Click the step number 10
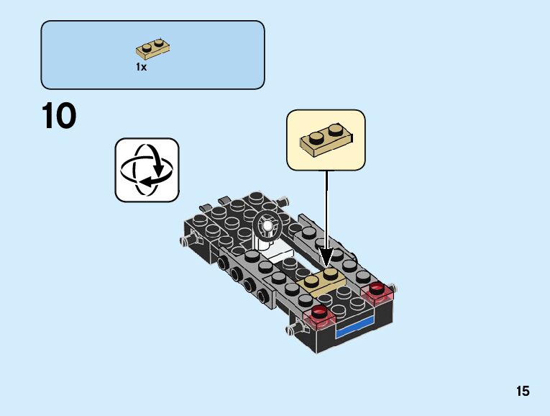tap(60, 117)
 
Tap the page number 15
tap(523, 392)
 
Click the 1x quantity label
tap(141, 67)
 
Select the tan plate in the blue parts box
tap(152, 50)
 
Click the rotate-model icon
tap(147, 170)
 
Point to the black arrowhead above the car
tap(326, 257)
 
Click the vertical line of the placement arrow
tap(326, 209)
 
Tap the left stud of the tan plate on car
tap(313, 280)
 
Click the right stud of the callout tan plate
tap(336, 130)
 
